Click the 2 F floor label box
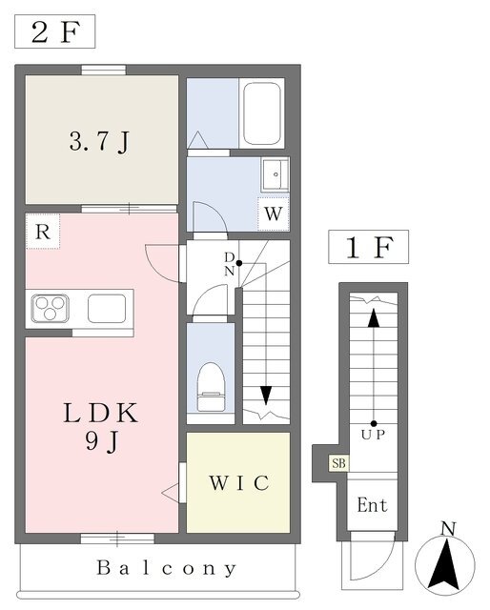point(55,31)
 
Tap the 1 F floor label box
point(368,247)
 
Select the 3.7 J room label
point(99,142)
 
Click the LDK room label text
point(101,413)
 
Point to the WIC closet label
point(239,483)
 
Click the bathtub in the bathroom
point(261,113)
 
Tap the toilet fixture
point(211,387)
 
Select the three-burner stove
point(51,309)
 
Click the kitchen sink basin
point(107,309)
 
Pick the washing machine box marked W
point(274,213)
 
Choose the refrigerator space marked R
point(43,232)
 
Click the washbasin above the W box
point(276,174)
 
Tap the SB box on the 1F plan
point(338,463)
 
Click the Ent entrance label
point(372,505)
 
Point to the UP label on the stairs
point(373,435)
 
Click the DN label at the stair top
point(229,264)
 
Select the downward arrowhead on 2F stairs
point(266,395)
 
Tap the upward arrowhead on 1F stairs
point(374,317)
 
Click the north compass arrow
point(445,563)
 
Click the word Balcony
point(166,568)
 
